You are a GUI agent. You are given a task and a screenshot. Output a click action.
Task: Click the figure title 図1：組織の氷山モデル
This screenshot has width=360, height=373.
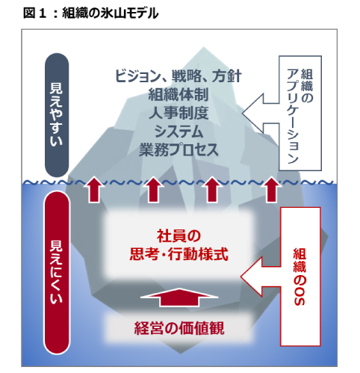tap(90, 13)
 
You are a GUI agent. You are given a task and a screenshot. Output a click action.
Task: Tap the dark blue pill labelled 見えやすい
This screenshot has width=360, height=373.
tap(57, 115)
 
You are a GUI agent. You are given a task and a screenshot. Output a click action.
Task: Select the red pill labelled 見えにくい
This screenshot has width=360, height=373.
tap(57, 272)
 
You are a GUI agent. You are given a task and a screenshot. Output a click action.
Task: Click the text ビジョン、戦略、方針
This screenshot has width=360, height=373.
tap(179, 76)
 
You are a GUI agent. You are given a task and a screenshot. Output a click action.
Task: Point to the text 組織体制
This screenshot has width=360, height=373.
tap(179, 95)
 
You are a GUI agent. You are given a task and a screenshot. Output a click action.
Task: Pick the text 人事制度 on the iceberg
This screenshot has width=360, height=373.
tap(179, 113)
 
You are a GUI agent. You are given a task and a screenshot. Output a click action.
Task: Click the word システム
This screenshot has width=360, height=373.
tap(179, 132)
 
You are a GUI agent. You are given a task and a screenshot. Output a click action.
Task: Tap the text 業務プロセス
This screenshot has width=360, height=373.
tap(179, 149)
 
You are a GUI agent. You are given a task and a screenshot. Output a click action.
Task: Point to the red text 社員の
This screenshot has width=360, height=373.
tap(179, 236)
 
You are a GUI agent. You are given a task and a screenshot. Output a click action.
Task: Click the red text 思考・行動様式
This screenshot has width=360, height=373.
tap(179, 254)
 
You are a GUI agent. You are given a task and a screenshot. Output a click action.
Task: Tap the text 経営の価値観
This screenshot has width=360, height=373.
tap(179, 328)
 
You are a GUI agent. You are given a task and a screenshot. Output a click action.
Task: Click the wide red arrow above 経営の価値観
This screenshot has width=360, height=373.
tap(179, 298)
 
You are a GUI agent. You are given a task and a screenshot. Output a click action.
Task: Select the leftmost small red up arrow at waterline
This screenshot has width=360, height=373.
tap(94, 189)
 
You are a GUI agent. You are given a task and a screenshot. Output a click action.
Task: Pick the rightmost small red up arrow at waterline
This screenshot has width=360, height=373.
tap(271, 189)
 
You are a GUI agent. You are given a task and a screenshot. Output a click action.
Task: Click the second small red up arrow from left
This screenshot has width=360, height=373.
tap(153, 189)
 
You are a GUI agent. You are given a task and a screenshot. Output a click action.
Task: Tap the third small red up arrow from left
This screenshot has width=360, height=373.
tap(212, 189)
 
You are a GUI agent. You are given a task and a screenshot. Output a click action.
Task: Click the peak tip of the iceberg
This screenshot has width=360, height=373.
tap(204, 47)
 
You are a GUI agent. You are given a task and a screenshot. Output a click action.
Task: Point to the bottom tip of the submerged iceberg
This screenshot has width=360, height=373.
tap(180, 354)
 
